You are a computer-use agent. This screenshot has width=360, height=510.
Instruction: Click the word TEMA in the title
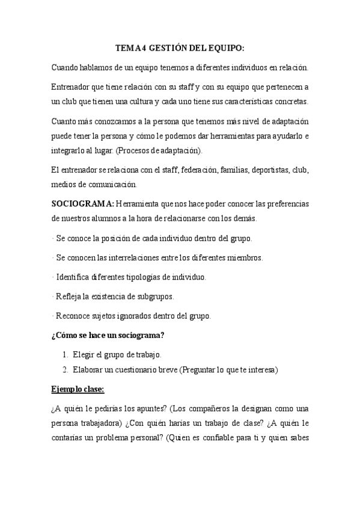[x=127, y=49]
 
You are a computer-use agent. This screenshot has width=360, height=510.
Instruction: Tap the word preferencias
[x=284, y=203]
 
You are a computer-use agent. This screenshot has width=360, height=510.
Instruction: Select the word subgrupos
[x=154, y=296]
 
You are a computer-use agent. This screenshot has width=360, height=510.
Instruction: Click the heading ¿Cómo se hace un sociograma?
[x=109, y=335]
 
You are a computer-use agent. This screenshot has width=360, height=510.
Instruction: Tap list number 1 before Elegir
[x=65, y=354]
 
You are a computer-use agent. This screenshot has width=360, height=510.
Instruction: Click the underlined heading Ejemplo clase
[x=78, y=389]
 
